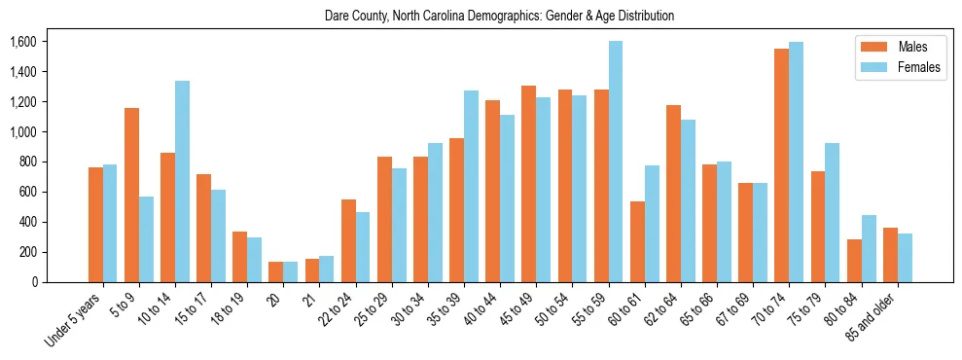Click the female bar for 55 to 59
[x=616, y=162]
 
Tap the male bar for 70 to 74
[x=781, y=165]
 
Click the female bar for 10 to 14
[x=182, y=181]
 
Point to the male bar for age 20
[x=275, y=271]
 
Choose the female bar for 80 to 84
[x=869, y=248]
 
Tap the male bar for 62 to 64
[x=673, y=194]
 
